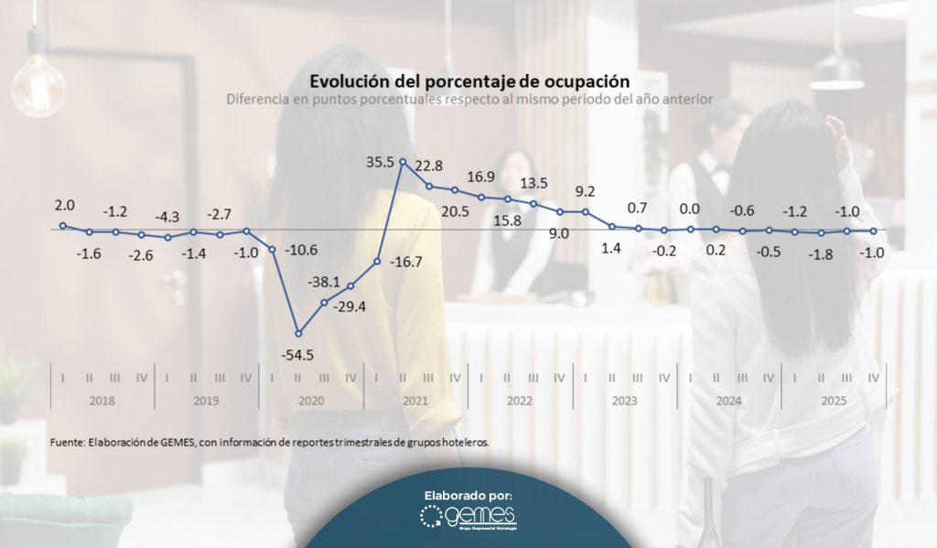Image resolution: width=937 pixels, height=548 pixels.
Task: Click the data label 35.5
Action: tap(379, 163)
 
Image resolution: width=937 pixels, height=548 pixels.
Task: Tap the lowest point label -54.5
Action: tap(298, 354)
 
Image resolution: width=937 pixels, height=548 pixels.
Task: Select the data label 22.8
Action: tap(429, 166)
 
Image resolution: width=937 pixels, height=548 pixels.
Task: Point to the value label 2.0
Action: tap(65, 206)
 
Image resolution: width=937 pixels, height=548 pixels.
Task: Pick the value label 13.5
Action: tap(533, 183)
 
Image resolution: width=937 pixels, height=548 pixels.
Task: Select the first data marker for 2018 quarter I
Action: tap(63, 225)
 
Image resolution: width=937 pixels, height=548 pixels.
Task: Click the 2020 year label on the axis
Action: tap(311, 401)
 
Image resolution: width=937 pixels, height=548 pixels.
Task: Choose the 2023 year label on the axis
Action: tap(624, 401)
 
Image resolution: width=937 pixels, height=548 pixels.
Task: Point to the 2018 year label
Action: tap(102, 401)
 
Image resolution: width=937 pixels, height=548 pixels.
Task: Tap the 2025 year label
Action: tap(834, 401)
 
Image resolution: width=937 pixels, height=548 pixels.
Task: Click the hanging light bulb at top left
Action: tap(38, 84)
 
